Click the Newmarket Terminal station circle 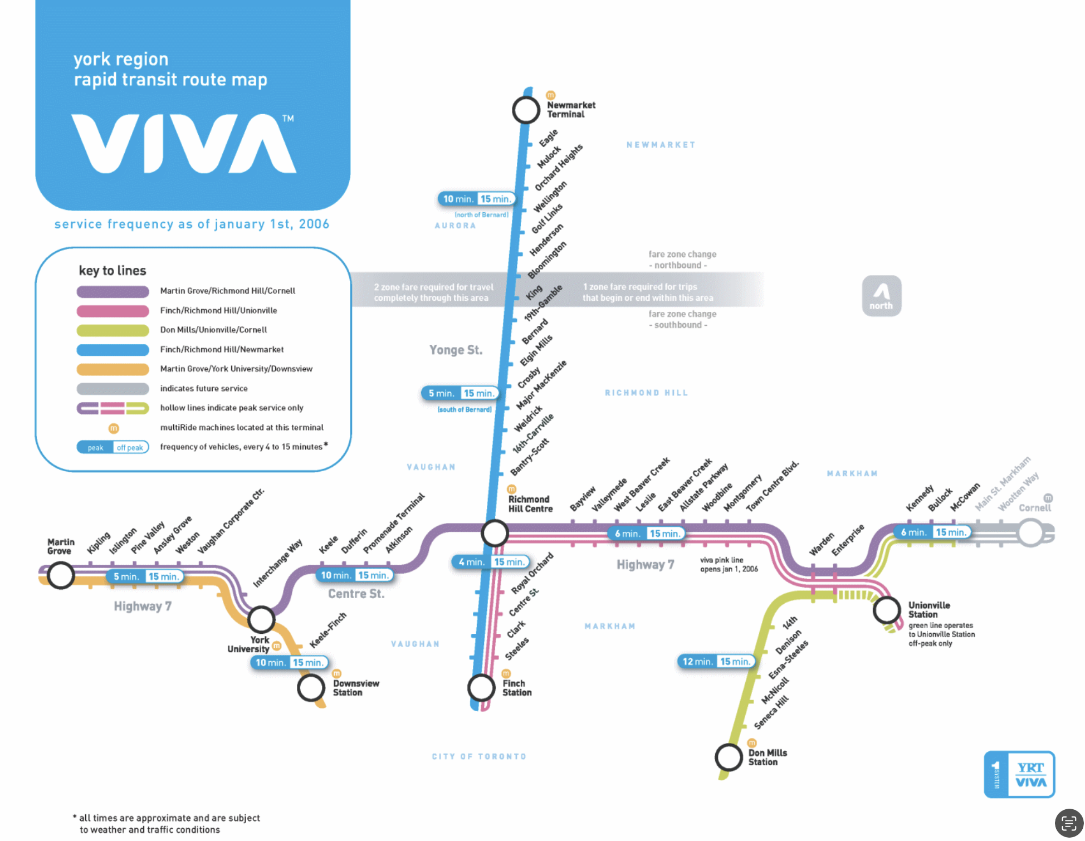pyautogui.click(x=526, y=110)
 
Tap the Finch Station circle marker pyautogui.click(x=481, y=687)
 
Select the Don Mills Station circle pyautogui.click(x=729, y=757)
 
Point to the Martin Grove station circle pyautogui.click(x=61, y=575)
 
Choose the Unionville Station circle pyautogui.click(x=886, y=610)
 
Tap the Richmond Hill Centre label pyautogui.click(x=530, y=504)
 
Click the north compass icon pyautogui.click(x=881, y=296)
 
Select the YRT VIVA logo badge pyautogui.click(x=1019, y=774)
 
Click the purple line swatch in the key pyautogui.click(x=113, y=291)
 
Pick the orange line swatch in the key pyautogui.click(x=113, y=369)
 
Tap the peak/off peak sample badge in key pyautogui.click(x=113, y=447)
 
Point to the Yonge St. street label pyautogui.click(x=456, y=350)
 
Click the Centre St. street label pyautogui.click(x=356, y=594)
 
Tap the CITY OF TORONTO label pyautogui.click(x=479, y=756)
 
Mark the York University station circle pyautogui.click(x=261, y=619)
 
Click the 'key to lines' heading pyautogui.click(x=113, y=271)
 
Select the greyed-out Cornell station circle pyautogui.click(x=1030, y=532)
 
